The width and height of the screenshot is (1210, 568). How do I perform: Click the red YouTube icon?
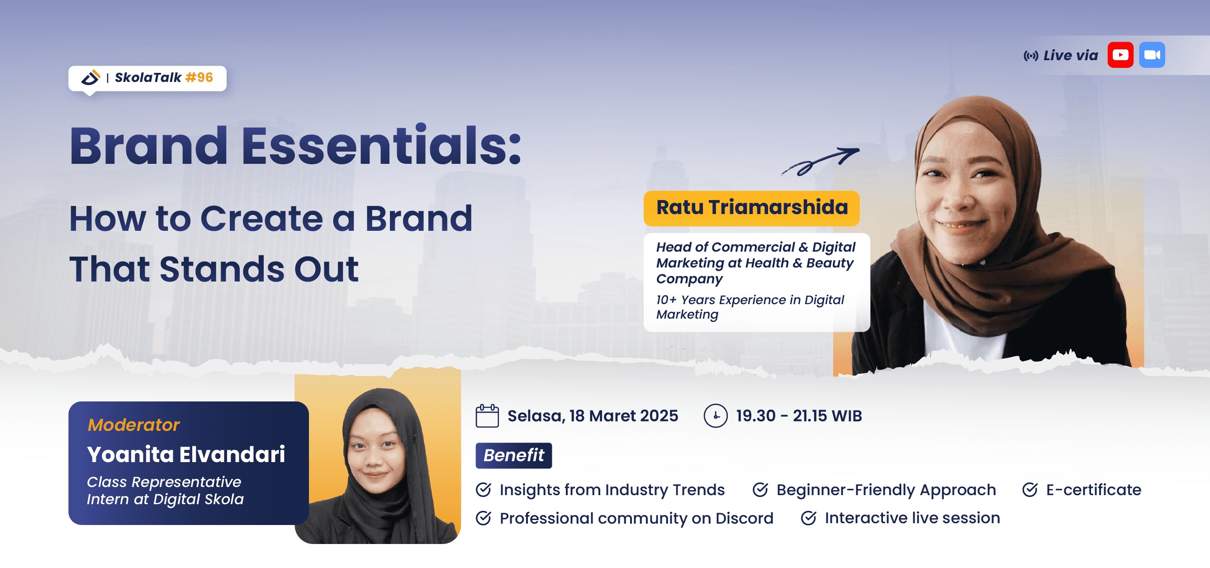pyautogui.click(x=1120, y=55)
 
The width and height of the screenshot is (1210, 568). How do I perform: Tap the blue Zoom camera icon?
pyautogui.click(x=1152, y=55)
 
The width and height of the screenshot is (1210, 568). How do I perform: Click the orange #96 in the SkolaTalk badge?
pyautogui.click(x=199, y=77)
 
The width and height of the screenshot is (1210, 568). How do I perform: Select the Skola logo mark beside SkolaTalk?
pyautogui.click(x=90, y=77)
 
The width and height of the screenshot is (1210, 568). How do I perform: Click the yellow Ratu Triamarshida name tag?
pyautogui.click(x=751, y=208)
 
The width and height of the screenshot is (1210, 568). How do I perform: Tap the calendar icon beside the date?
pyautogui.click(x=487, y=416)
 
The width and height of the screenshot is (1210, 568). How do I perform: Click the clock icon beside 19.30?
pyautogui.click(x=716, y=416)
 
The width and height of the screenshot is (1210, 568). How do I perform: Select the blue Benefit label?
pyautogui.click(x=513, y=455)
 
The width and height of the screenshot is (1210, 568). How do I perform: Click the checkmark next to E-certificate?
pyautogui.click(x=1030, y=490)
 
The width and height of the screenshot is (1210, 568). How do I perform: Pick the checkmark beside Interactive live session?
pyautogui.click(x=808, y=518)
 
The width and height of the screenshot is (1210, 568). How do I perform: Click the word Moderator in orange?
pyautogui.click(x=133, y=425)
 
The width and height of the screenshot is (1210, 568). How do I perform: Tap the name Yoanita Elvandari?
pyautogui.click(x=186, y=454)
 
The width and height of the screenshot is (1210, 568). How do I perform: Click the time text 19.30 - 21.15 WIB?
pyautogui.click(x=799, y=416)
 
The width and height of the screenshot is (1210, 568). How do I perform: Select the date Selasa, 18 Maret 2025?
pyautogui.click(x=593, y=416)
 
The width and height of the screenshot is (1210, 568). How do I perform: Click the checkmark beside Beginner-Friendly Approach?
pyautogui.click(x=760, y=490)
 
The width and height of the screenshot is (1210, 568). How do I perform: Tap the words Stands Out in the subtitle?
pyautogui.click(x=259, y=269)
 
